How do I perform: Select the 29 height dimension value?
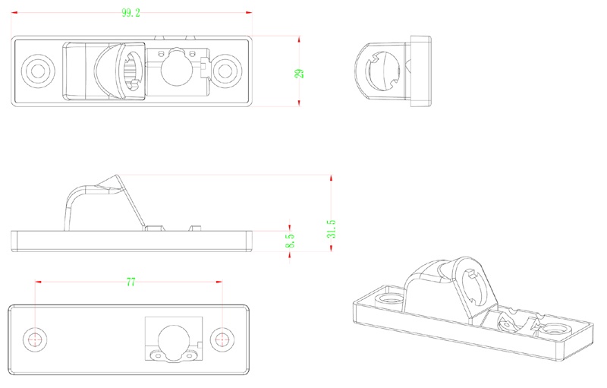pos(299,73)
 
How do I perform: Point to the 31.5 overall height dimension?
pos(332,229)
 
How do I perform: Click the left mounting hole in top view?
pos(36,71)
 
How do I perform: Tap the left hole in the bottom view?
pos(35,339)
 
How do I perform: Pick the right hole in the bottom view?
pos(222,339)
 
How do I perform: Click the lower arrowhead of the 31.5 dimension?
pos(332,252)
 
